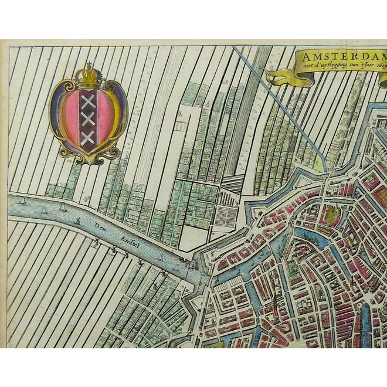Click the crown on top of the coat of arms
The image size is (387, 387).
pyautogui.click(x=88, y=76)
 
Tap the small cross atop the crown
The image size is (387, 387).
pyautogui.click(x=89, y=64)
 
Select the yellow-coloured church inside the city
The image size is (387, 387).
pyautogui.click(x=332, y=214)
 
